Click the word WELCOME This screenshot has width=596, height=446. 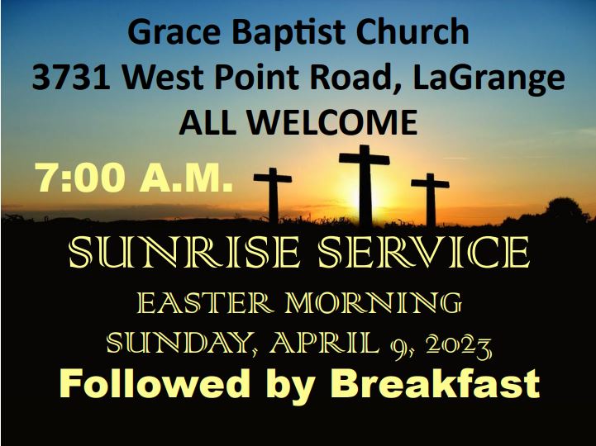pos(333,122)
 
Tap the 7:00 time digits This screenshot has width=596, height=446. pos(81,178)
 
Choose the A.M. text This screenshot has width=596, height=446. pos(186,178)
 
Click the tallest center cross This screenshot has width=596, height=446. pos(365,185)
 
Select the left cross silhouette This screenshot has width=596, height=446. pos(273,195)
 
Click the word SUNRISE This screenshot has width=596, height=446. pos(184,252)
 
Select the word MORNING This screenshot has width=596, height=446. pos(374,303)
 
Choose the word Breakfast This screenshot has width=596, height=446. pos(435,383)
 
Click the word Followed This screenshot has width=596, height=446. pos(155,383)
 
